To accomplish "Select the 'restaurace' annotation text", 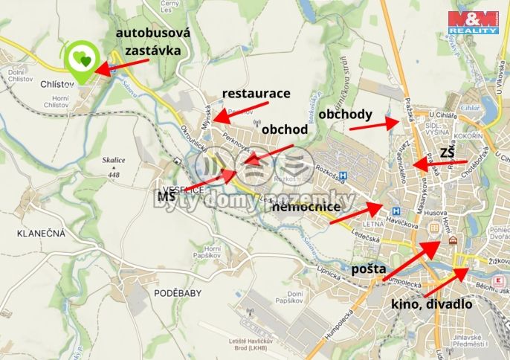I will coord(256,94).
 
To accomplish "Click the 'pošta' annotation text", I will coord(369,266).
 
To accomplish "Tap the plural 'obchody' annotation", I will coord(345,115).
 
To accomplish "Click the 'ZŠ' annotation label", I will coord(447,152).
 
